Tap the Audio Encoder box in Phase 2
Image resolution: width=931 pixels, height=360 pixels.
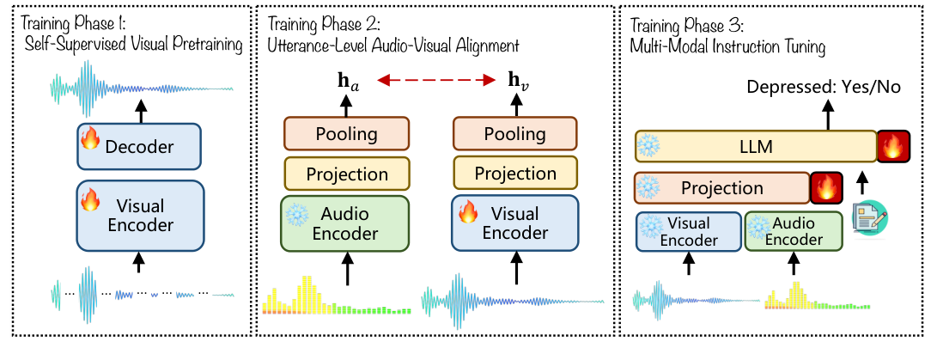pos(346,223)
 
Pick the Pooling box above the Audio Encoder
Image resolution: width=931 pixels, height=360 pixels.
pos(346,134)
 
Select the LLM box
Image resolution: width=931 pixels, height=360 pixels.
pos(754,148)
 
